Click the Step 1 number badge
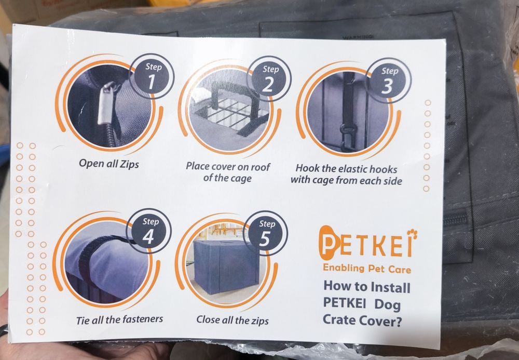pyautogui.click(x=152, y=76)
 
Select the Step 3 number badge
pyautogui.click(x=388, y=81)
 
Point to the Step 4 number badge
pyautogui.click(x=148, y=231)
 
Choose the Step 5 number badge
pyautogui.click(x=265, y=233)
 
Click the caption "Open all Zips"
pyautogui.click(x=109, y=164)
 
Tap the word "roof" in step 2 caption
pyautogui.click(x=261, y=167)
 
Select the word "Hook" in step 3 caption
pyautogui.click(x=307, y=168)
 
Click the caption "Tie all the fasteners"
pyautogui.click(x=119, y=319)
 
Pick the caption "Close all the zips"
pyautogui.click(x=233, y=320)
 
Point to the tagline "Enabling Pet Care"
pyautogui.click(x=367, y=268)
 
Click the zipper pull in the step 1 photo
pyautogui.click(x=107, y=103)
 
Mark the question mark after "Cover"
pyautogui.click(x=398, y=321)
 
